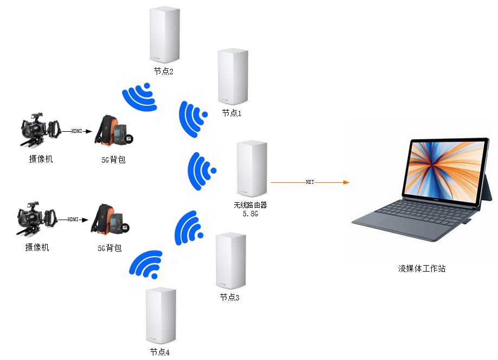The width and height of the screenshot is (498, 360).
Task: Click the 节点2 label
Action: pyautogui.click(x=163, y=72)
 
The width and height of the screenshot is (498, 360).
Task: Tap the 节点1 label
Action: pyautogui.click(x=232, y=113)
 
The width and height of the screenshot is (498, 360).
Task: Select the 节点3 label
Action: pyautogui.click(x=229, y=297)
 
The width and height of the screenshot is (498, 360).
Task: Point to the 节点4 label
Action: pyautogui.click(x=160, y=352)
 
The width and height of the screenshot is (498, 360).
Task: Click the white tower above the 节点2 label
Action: pyautogui.click(x=164, y=35)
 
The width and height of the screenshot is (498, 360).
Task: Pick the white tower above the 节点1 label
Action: pyautogui.click(x=232, y=76)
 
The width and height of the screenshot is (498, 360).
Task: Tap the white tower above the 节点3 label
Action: pyautogui.click(x=230, y=261)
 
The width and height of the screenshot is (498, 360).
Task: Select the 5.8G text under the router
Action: pyautogui.click(x=250, y=215)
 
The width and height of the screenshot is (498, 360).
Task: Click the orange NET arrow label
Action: pyautogui.click(x=309, y=182)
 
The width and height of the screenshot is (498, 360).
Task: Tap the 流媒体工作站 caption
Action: pyautogui.click(x=422, y=268)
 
